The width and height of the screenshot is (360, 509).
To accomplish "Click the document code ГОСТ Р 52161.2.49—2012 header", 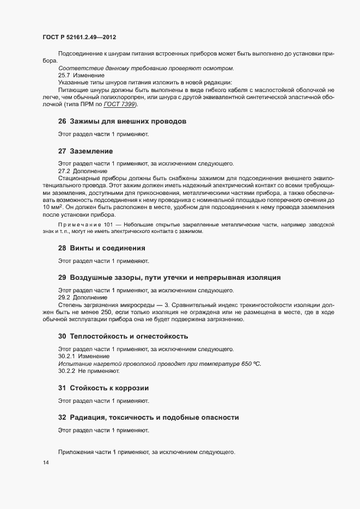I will pos(80,38).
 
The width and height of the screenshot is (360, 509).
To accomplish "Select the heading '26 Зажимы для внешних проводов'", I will pos(122,121).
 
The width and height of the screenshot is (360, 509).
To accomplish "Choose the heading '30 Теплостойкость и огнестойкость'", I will pos(123,336).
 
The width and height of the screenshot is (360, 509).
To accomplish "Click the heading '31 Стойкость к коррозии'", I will pos(103,388).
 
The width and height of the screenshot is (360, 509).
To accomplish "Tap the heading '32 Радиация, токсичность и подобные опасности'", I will pos(148,417).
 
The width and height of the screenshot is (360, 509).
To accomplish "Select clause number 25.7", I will pos(64,75).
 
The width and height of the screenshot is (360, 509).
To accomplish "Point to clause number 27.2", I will pos(64,170).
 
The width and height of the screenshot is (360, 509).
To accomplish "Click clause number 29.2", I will pos(64,297).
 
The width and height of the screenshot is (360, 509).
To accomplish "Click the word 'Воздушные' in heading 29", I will pos(94,278).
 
